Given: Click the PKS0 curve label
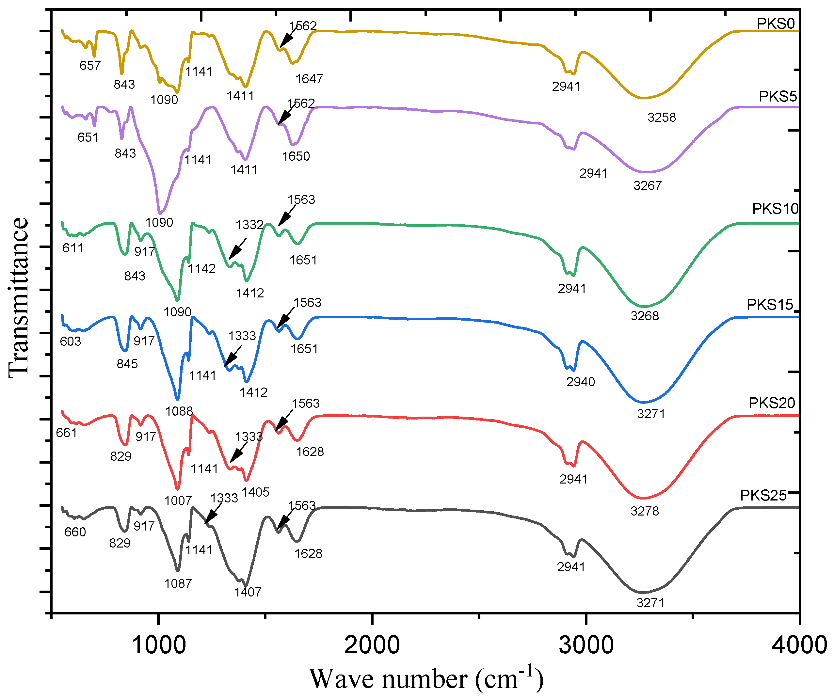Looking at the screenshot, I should [x=775, y=24].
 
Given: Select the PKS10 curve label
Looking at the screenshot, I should [x=775, y=209].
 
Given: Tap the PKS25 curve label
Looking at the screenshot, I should [x=763, y=496].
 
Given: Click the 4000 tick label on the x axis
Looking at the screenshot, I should [x=799, y=645].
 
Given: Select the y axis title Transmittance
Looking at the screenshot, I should [x=18, y=297].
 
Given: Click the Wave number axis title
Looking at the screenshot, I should [x=426, y=679].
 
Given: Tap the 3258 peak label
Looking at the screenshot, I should [x=661, y=118].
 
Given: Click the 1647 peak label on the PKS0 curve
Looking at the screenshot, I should [x=309, y=79].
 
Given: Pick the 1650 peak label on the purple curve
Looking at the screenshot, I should [x=296, y=156].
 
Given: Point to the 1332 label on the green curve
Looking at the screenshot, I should [x=249, y=225].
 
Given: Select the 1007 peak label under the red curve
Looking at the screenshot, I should [x=178, y=501].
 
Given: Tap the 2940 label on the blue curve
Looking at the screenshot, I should [x=580, y=382].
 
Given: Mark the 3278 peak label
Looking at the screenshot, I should [x=644, y=511].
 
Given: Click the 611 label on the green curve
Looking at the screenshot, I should [x=73, y=248].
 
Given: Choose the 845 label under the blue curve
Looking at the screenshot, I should [x=127, y=364].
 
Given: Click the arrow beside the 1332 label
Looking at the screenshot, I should [x=237, y=249].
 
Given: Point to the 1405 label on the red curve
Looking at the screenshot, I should [x=255, y=492].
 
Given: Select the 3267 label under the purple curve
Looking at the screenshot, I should [x=647, y=186].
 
